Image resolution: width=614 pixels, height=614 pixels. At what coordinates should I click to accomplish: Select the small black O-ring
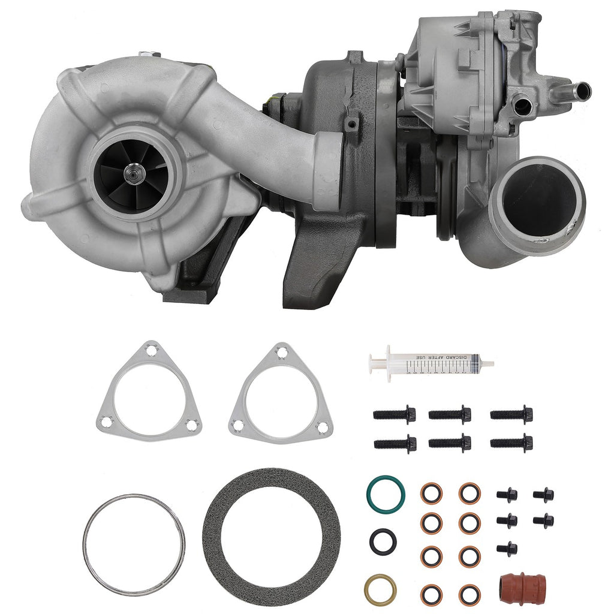point(383,541)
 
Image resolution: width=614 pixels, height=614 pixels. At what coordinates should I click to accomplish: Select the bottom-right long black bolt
point(511,443)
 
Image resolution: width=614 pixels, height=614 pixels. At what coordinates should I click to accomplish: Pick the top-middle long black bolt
point(450,414)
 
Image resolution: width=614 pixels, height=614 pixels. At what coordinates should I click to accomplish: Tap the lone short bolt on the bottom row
point(507,548)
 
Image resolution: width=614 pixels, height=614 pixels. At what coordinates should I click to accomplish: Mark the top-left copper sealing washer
point(431,493)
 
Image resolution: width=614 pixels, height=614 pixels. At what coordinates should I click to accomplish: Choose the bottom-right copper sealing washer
point(469,594)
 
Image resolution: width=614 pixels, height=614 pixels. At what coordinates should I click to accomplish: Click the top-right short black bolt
point(543,495)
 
